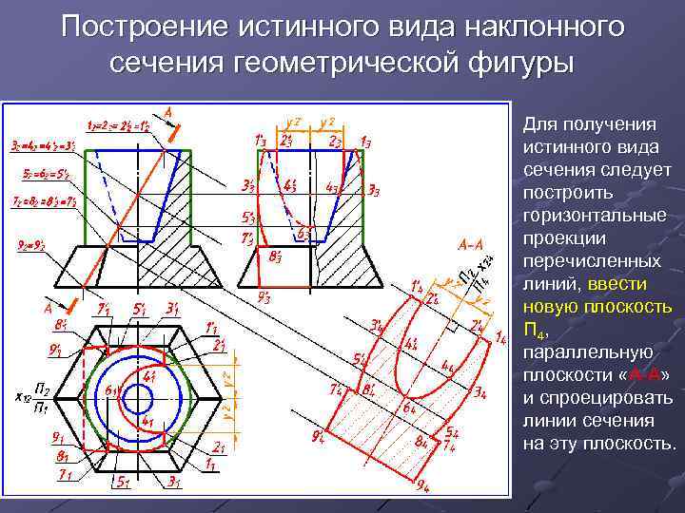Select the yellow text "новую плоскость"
coord(598,306)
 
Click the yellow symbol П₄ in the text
coord(535,329)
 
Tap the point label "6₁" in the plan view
coord(111,389)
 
